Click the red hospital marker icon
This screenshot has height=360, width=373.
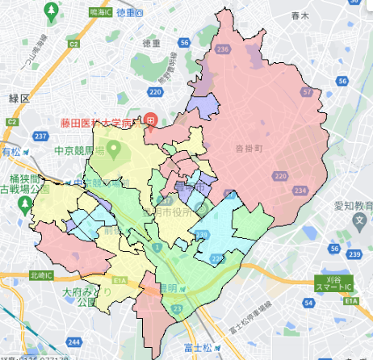pos(149,121)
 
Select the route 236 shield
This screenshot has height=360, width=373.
pos(224,49)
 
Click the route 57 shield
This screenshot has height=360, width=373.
pos(306,92)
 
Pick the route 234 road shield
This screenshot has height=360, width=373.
pos(300,190)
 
